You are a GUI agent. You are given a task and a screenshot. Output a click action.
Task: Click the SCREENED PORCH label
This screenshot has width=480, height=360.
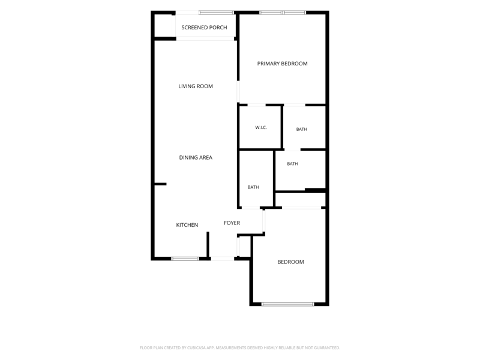click(x=204, y=28)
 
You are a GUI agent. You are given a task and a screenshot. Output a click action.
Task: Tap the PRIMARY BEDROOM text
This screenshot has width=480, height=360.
click(x=282, y=64)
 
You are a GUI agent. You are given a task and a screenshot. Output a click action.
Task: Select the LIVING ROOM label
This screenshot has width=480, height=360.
click(x=196, y=86)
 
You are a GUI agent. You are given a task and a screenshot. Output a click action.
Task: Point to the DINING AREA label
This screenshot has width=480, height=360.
click(x=196, y=158)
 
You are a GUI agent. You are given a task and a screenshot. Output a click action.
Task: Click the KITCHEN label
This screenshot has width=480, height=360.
click(x=187, y=225)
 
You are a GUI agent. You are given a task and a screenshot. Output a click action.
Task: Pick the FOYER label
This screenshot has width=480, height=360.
click(x=232, y=223)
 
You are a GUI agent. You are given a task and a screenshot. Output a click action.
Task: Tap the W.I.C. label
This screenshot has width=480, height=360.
click(x=261, y=127)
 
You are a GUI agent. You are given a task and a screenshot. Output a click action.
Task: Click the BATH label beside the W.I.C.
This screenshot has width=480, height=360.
click(x=302, y=129)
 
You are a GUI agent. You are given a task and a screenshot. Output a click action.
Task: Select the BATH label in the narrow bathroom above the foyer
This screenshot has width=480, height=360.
click(x=253, y=187)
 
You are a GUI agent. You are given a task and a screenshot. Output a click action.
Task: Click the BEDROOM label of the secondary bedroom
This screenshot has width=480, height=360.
click(x=290, y=262)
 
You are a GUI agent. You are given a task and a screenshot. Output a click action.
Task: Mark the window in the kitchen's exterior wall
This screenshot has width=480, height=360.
click(x=185, y=259)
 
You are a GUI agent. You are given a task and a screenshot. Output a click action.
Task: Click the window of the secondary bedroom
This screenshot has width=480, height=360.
click(x=288, y=304)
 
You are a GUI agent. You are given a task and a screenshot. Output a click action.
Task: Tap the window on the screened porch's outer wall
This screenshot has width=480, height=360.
click(x=217, y=13)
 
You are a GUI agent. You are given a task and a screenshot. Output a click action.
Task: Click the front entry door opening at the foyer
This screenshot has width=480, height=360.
click(x=223, y=259)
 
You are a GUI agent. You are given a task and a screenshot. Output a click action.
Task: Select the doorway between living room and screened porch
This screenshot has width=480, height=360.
click(x=205, y=38)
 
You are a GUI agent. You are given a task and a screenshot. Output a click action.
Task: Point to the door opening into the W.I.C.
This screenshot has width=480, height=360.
click(x=257, y=105)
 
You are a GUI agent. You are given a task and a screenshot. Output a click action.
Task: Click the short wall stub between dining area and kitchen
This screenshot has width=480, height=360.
click(x=160, y=184)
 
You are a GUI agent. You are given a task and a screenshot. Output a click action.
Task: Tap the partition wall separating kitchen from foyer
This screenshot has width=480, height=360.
click(x=208, y=244)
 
